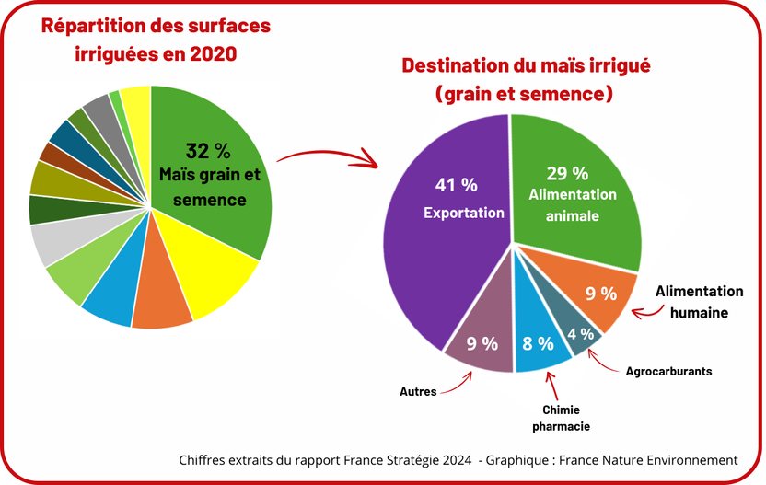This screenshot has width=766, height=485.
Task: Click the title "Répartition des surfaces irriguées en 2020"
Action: coord(157,40)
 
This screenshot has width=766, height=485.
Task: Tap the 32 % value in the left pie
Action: coord(208,151)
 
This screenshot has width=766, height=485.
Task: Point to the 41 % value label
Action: coord(457,185)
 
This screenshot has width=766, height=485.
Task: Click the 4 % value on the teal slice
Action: coord(580,334)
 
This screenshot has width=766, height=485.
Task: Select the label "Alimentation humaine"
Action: coord(699,302)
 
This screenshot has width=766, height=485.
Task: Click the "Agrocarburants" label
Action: coord(668,372)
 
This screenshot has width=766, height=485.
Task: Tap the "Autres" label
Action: coord(418,391)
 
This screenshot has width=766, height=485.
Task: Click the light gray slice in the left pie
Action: coord(46,243)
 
